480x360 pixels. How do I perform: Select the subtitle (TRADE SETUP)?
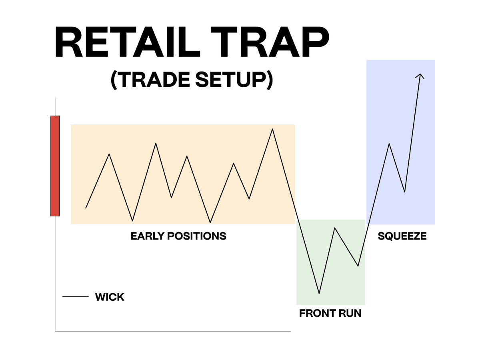[192, 79]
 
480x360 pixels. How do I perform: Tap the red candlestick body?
[55, 166]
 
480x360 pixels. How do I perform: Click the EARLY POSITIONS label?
[178, 236]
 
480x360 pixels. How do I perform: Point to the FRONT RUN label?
[330, 313]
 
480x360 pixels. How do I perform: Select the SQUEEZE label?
[402, 236]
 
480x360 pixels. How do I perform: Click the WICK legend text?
[110, 297]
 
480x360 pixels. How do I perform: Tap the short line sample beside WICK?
[75, 297]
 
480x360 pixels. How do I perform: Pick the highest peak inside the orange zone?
[272, 129]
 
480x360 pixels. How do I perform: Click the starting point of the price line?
[86, 208]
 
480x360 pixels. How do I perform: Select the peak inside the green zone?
[334, 228]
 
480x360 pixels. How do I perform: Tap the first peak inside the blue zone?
[389, 144]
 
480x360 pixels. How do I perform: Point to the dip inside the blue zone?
[405, 192]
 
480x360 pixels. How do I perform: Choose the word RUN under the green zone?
[350, 313]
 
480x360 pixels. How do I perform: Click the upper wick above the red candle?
[55, 107]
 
